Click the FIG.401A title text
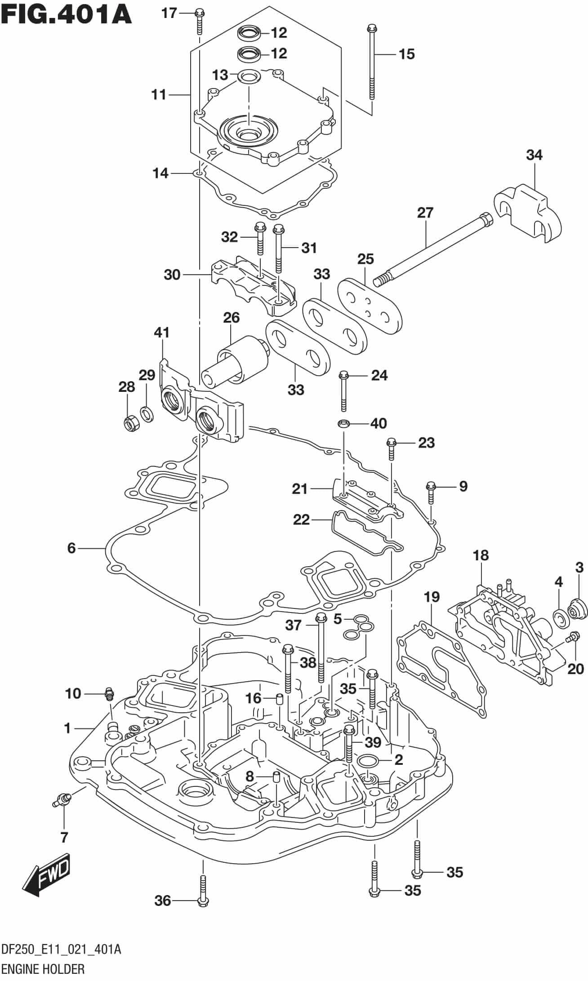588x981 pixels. tap(67, 14)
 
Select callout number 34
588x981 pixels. tap(534, 155)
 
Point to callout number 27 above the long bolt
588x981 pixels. tap(425, 213)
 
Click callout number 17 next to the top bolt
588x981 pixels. tap(169, 13)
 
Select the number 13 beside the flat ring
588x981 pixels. tap(220, 75)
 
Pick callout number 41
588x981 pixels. tap(161, 333)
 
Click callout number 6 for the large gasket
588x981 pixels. tap(71, 548)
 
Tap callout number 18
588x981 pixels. tap(481, 555)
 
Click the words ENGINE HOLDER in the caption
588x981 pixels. tap(43, 967)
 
